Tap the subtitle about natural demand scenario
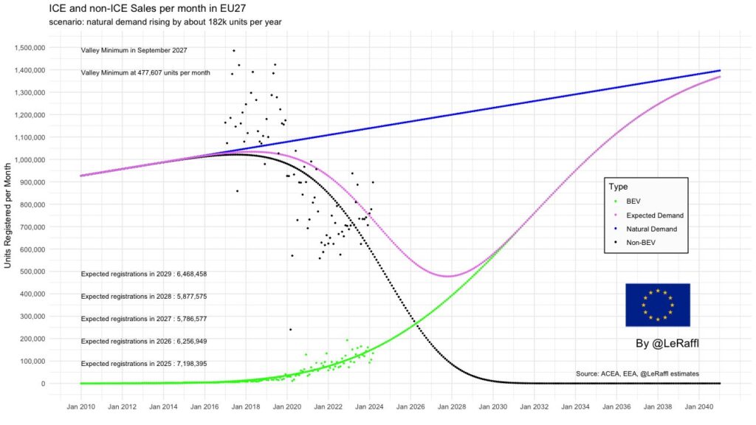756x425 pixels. click(x=165, y=22)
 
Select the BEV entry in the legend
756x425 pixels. click(x=633, y=201)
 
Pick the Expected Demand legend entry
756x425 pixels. click(x=654, y=215)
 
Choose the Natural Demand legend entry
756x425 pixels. click(x=651, y=229)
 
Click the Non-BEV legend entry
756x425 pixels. click(x=640, y=243)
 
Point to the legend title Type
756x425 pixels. click(x=618, y=187)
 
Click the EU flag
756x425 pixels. click(x=657, y=305)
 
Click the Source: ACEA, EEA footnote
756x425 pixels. click(x=637, y=374)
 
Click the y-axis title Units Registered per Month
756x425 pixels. click(x=9, y=215)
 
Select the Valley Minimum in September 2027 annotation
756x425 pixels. click(x=134, y=50)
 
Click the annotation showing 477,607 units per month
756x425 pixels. click(x=145, y=73)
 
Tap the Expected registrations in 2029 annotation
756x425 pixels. click(x=143, y=274)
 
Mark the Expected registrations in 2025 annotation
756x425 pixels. click(x=143, y=364)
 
